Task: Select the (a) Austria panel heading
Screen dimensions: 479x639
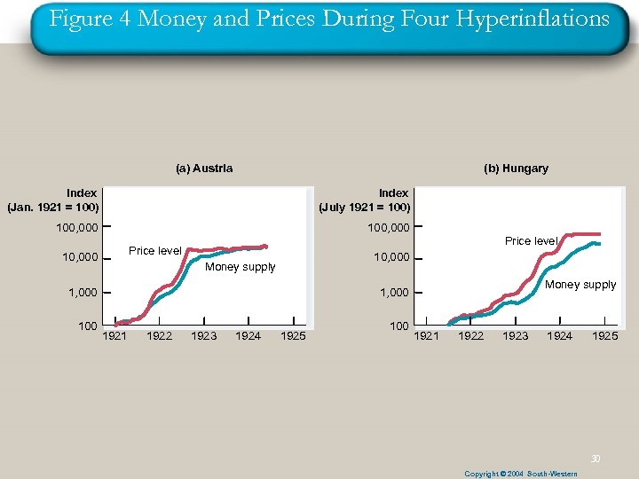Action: (x=204, y=168)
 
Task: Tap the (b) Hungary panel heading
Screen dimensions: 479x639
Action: (x=516, y=168)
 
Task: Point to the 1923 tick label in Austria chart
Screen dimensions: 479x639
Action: (x=204, y=335)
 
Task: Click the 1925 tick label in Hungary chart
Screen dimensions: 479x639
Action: (x=604, y=335)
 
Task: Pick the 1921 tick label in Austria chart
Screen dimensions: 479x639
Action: (x=115, y=335)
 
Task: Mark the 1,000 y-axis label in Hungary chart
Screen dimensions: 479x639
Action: (x=394, y=293)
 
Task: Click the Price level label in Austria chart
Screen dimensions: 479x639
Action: (x=154, y=251)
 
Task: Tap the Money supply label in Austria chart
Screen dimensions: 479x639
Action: (x=240, y=267)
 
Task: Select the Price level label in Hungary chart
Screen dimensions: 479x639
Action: (x=531, y=241)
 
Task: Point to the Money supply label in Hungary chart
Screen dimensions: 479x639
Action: (x=580, y=285)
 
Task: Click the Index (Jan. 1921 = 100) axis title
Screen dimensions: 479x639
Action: (x=53, y=200)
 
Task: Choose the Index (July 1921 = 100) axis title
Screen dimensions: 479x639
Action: (x=365, y=200)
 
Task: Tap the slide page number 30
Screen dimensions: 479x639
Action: (x=596, y=459)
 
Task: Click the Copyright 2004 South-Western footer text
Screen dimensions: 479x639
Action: (x=520, y=474)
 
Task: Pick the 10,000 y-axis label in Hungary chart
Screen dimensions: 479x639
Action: (x=390, y=257)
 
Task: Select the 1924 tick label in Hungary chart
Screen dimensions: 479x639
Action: (x=559, y=335)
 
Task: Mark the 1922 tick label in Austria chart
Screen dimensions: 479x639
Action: (x=160, y=335)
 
